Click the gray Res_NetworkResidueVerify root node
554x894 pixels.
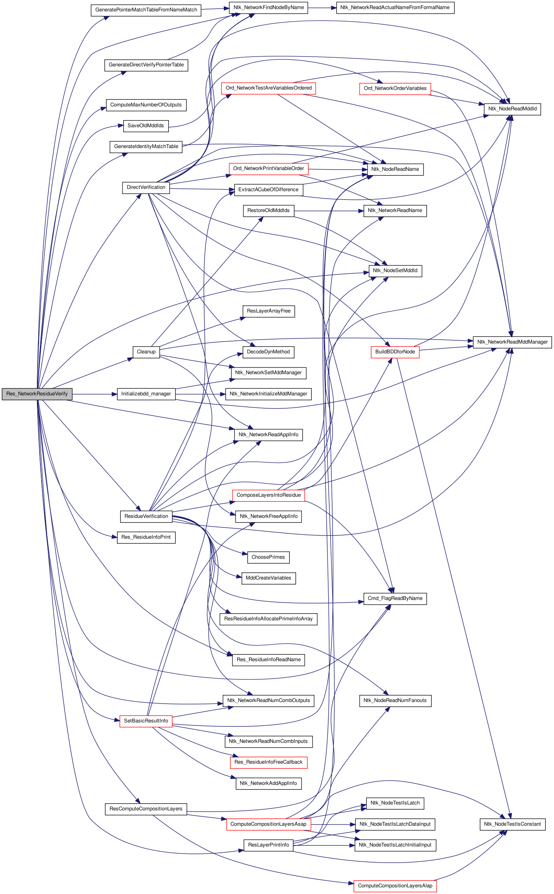tap(37, 394)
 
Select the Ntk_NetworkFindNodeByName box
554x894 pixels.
tap(269, 7)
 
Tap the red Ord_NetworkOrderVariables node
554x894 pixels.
tap(395, 88)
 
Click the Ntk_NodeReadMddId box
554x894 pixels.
tap(512, 109)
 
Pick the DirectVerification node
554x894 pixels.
tap(146, 187)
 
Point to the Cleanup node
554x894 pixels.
tap(146, 352)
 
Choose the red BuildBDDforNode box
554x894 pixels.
tap(395, 352)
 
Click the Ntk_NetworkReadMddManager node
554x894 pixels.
tap(512, 342)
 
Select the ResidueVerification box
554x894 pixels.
tap(146, 516)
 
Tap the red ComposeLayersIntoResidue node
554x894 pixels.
tap(269, 495)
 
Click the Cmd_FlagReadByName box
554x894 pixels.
tap(395, 598)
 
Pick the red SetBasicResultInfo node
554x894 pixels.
tap(146, 721)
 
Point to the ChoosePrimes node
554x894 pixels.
tap(269, 557)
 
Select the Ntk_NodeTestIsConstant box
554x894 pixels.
tap(512, 824)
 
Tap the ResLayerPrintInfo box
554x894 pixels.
tap(269, 845)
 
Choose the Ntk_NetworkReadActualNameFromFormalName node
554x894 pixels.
tap(395, 7)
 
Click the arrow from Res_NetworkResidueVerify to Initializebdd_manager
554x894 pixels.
tap(95, 394)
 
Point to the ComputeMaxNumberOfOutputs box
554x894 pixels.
tap(146, 105)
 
